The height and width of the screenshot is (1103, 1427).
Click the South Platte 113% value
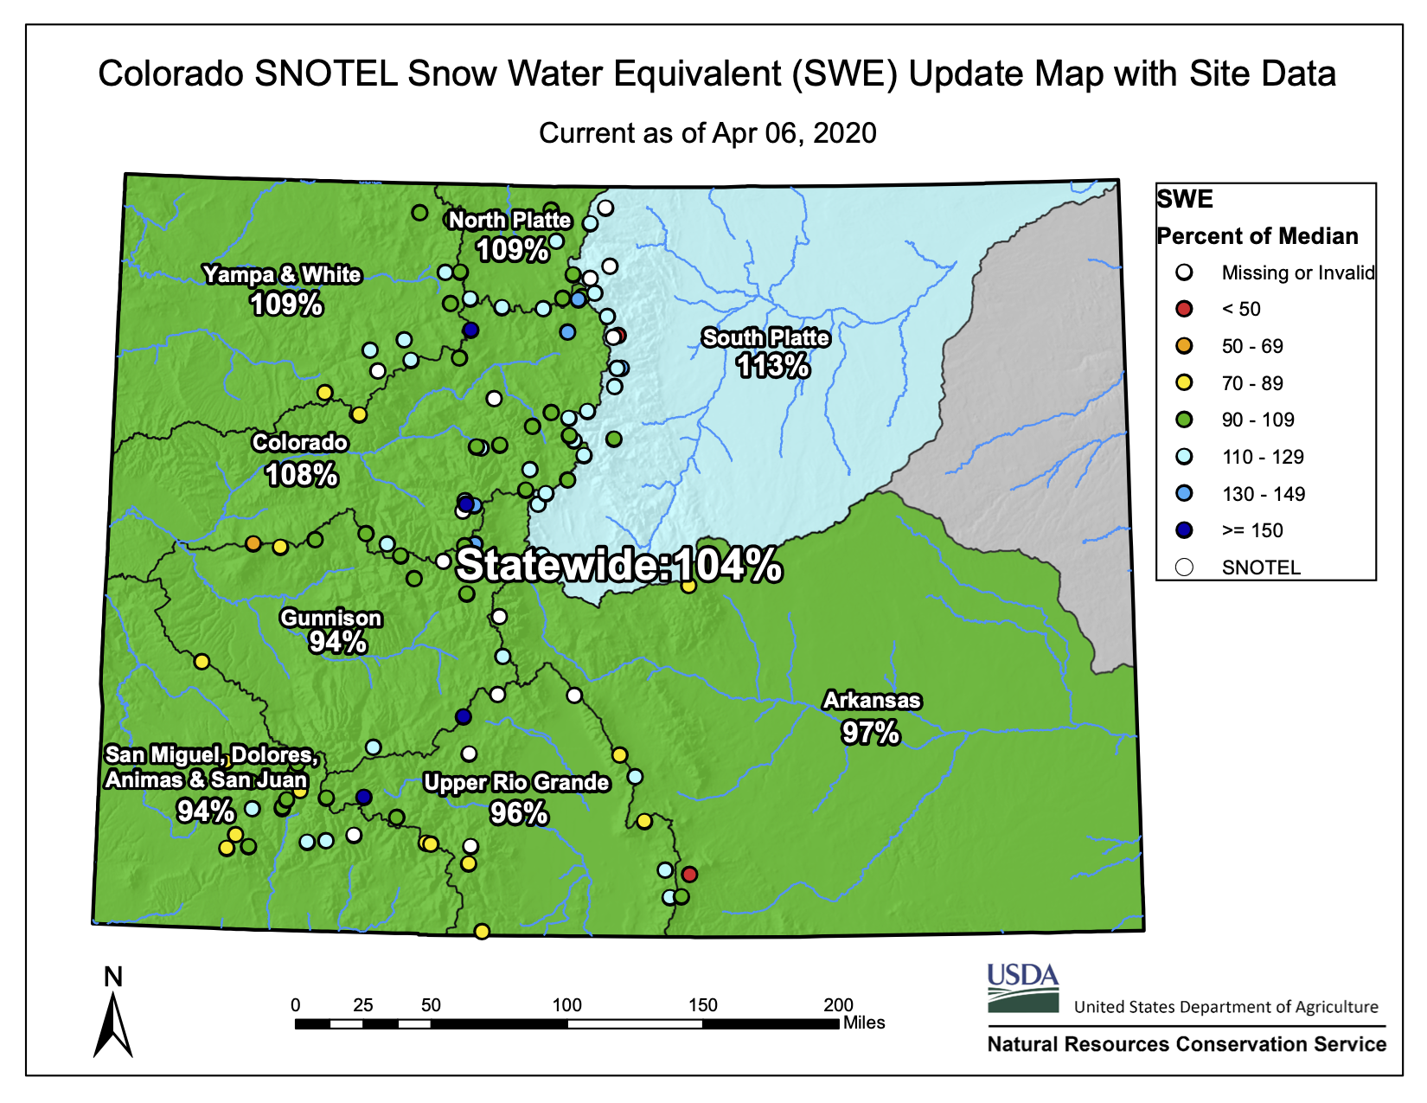coord(772,366)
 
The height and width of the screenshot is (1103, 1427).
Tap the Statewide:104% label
coord(619,565)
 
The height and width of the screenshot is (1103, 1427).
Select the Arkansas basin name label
coord(872,700)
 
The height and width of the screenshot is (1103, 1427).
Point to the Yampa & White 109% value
coord(286,305)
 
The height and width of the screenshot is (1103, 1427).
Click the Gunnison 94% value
coord(337,642)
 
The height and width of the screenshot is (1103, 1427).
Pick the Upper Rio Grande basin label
coord(516,782)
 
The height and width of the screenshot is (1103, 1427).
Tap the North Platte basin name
coord(509,220)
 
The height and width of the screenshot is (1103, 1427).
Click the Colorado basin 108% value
coord(301,475)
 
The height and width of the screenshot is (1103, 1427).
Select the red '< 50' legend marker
coord(1184,309)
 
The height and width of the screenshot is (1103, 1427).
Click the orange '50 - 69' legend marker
coord(1184,346)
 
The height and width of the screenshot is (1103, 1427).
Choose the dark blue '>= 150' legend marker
coord(1184,530)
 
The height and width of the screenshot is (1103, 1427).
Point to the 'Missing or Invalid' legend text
coord(1297,273)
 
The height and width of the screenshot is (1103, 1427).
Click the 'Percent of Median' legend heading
coord(1257,236)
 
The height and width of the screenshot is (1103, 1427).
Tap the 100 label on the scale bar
coord(566,1005)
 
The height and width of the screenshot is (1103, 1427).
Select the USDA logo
coord(1023,988)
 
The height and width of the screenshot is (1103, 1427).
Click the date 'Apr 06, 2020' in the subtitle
coord(794,133)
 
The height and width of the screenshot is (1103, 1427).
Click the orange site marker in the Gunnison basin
coord(253,543)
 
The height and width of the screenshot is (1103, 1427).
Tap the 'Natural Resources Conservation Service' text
coord(1187,1044)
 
